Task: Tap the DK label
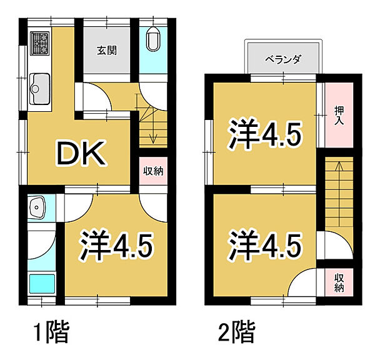pos(81,152)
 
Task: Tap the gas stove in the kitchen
pos(40,43)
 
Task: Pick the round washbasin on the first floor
pos(38,207)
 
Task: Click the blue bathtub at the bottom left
pos(41,285)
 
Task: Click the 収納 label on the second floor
pos(339,282)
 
